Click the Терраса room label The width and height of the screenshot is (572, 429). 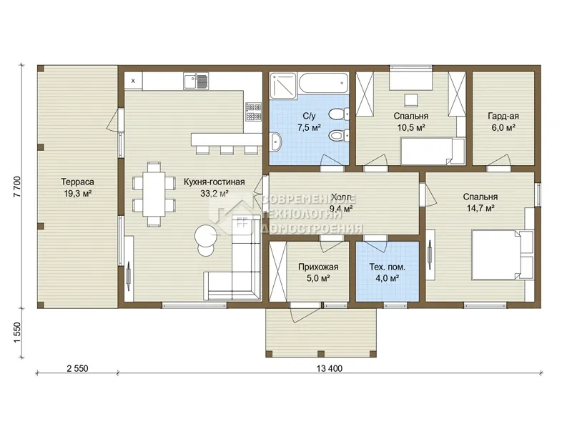coord(77,182)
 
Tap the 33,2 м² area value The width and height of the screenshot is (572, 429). coord(214,193)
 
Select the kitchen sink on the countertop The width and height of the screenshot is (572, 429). coord(196,81)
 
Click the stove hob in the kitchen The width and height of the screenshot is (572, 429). coord(253,112)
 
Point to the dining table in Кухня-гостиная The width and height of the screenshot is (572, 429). coord(154,194)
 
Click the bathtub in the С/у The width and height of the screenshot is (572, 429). coord(324,83)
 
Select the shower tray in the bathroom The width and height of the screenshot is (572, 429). coord(283,85)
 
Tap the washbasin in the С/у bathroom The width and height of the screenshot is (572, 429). coord(276,142)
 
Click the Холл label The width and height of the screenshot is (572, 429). coord(341,197)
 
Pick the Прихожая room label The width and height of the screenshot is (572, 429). coord(318,267)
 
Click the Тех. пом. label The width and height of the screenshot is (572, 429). coord(387,267)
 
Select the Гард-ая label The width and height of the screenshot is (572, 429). coord(503,116)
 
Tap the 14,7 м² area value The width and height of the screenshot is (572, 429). coord(480,208)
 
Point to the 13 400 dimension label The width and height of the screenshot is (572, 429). coord(330,368)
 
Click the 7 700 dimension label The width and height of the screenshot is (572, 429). coord(17,187)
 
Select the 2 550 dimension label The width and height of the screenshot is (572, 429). coord(77,368)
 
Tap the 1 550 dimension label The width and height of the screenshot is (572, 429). coord(17,332)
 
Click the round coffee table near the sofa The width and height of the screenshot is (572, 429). coord(206,235)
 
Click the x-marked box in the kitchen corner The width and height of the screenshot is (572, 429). coord(133,81)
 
